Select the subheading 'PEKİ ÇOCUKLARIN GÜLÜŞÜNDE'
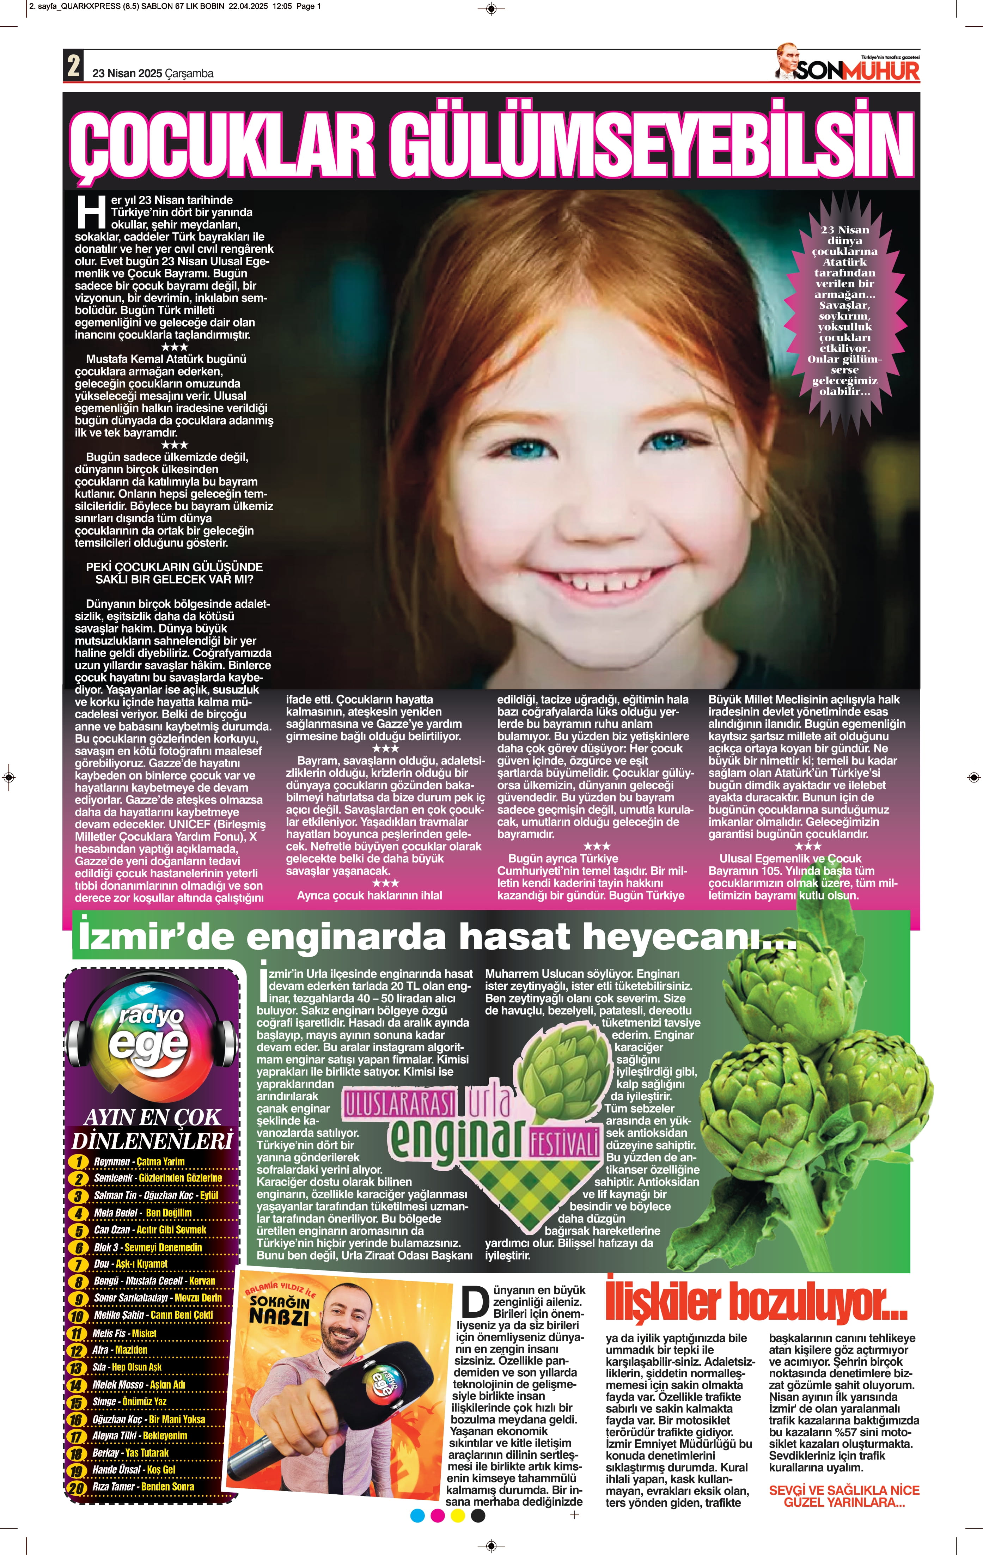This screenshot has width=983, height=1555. click(x=175, y=567)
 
